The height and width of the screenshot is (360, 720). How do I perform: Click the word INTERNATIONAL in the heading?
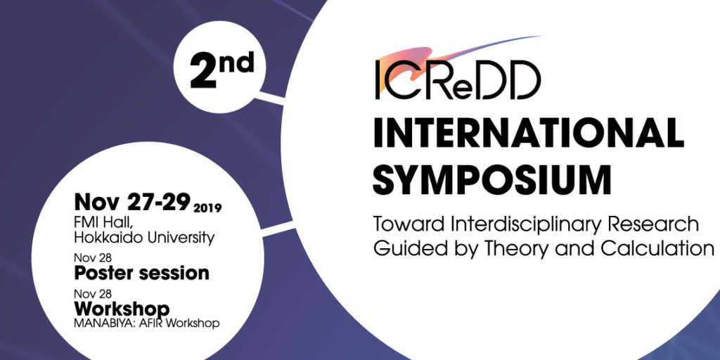point(529,133)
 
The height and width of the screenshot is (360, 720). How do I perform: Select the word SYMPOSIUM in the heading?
point(491,179)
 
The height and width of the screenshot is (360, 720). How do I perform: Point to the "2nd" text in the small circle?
point(221,70)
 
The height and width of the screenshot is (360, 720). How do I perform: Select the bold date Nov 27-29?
point(132,202)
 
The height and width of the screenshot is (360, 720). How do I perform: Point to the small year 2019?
point(207,208)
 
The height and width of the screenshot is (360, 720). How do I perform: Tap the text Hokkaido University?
point(144,238)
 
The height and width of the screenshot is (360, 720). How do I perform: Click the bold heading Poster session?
point(141,274)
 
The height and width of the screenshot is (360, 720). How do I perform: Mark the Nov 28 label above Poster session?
point(92,258)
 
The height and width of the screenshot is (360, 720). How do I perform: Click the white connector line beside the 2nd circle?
point(271,98)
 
